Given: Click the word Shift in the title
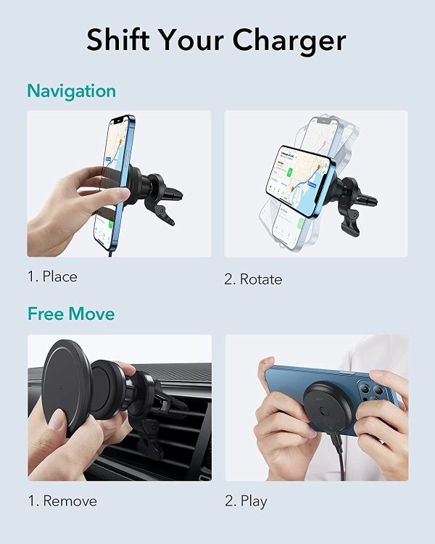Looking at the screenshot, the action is [x=117, y=39].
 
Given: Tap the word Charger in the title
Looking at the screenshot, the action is [x=289, y=41].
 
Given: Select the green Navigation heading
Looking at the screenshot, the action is [x=72, y=91].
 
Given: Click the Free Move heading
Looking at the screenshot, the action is [x=71, y=313].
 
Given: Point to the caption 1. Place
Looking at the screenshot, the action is [x=52, y=276].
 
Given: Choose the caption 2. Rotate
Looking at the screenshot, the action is [x=253, y=279].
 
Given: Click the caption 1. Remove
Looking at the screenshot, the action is [x=62, y=501].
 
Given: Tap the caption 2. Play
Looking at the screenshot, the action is [x=246, y=502].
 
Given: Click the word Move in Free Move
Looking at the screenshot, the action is [x=91, y=313].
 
